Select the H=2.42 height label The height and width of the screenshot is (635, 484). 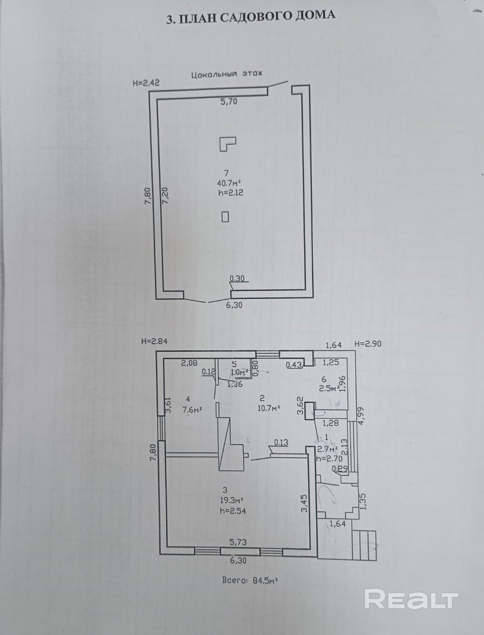[146, 83]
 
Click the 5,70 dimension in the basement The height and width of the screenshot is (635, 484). [229, 101]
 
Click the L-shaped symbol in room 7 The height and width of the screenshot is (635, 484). [227, 143]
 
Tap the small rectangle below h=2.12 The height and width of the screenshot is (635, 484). [225, 216]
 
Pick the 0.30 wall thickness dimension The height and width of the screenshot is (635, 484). [238, 279]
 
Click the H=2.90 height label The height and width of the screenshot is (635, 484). [368, 344]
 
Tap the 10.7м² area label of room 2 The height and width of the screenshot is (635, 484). [269, 408]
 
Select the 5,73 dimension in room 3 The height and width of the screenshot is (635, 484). [238, 542]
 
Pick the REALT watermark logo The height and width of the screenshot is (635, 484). [411, 599]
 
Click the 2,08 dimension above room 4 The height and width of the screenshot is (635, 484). [189, 363]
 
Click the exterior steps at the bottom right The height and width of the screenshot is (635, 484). [364, 544]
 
